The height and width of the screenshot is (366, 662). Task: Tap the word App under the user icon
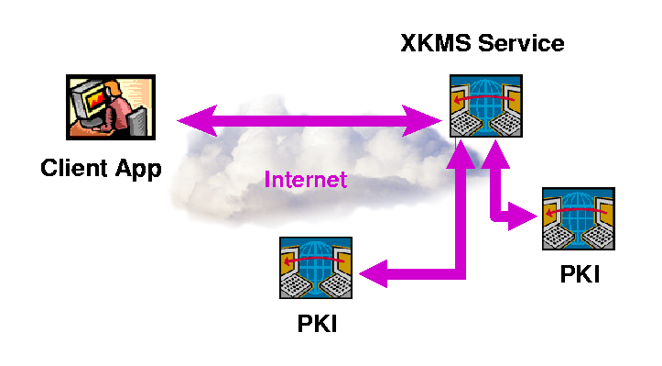(138, 170)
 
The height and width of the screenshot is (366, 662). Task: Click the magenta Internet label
(306, 179)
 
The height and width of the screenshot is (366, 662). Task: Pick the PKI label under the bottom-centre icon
(317, 324)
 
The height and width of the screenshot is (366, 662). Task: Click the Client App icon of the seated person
(105, 107)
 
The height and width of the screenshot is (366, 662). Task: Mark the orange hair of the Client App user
(116, 89)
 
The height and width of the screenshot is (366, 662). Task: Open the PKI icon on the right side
(578, 219)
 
